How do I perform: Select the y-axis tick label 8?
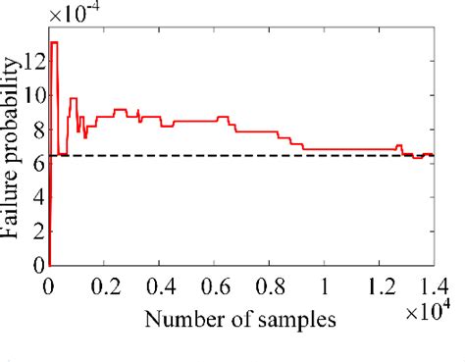point(37,129)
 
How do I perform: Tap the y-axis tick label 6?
point(37,163)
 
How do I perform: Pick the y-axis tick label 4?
point(37,197)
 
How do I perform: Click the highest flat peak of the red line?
point(55,43)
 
